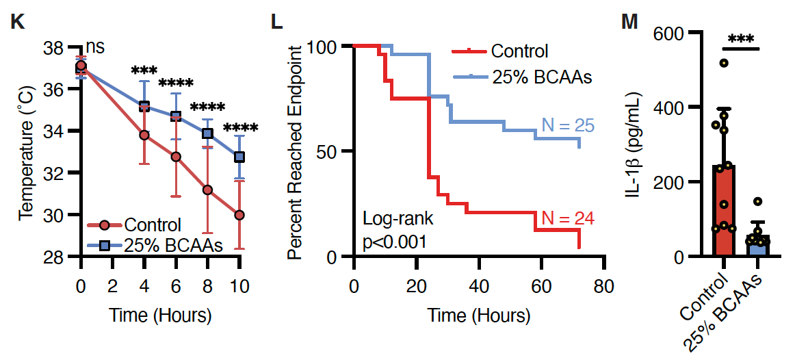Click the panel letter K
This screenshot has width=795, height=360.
18,22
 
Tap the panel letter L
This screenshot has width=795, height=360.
276,22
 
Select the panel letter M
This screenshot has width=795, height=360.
629,22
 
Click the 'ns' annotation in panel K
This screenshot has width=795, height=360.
95,48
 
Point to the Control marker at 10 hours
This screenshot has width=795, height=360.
239,215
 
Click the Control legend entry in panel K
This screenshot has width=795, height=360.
152,224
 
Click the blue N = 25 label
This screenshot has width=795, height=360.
567,125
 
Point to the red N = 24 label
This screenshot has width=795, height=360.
567,219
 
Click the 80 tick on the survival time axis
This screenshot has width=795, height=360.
602,286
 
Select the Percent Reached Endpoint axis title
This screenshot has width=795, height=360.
296,152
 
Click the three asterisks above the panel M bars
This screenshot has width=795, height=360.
741,39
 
